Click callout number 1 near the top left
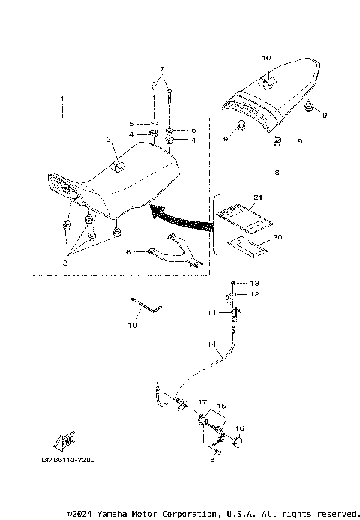pyautogui.click(x=63, y=98)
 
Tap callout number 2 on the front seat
pyautogui.click(x=108, y=139)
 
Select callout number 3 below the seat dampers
pyautogui.click(x=65, y=264)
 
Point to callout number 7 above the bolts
pyautogui.click(x=159, y=69)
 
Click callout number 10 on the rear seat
pyautogui.click(x=266, y=57)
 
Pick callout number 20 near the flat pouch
pyautogui.click(x=277, y=236)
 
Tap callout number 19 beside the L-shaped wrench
pyautogui.click(x=133, y=326)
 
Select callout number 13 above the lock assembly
pyautogui.click(x=254, y=283)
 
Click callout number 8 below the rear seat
pyautogui.click(x=277, y=172)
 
